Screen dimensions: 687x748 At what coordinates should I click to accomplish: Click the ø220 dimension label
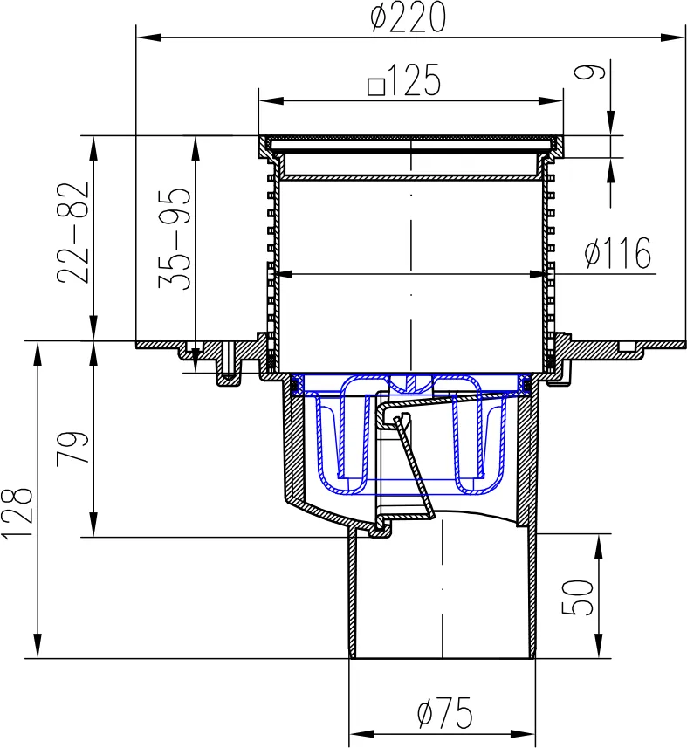tap(408, 17)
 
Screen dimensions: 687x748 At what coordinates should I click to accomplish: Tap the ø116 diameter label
tap(618, 252)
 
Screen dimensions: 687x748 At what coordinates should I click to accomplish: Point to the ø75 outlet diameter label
tap(444, 713)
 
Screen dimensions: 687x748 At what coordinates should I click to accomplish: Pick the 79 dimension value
tap(72, 448)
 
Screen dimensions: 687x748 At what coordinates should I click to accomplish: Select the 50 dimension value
tap(577, 597)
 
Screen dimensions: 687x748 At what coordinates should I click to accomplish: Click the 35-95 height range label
tap(175, 238)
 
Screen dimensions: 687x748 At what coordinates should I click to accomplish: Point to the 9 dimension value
tap(589, 72)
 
